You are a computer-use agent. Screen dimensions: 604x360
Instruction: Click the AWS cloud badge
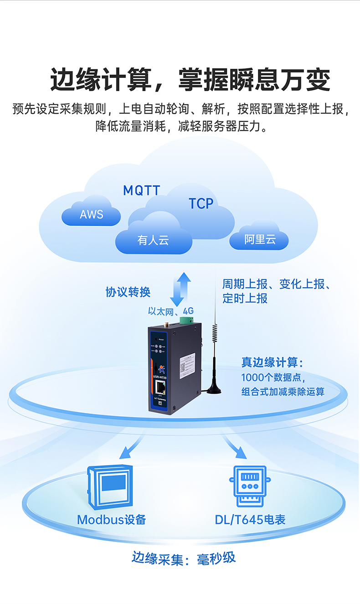coord(92,214)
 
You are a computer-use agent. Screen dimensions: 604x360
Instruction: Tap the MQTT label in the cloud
coord(142,191)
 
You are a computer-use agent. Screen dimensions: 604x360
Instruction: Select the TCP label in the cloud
coord(201,204)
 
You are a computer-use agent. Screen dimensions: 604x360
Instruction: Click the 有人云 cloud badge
coord(153,240)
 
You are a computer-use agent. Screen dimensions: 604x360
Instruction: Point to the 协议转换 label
coord(128,292)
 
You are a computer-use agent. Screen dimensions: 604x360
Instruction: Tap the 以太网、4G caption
coord(171,311)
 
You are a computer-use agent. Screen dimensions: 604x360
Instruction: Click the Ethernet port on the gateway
coord(161,387)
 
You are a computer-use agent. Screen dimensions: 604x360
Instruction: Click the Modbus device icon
coord(110,486)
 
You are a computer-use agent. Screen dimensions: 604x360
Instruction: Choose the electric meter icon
coord(249,486)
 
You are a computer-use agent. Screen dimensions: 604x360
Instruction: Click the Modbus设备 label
coord(112,519)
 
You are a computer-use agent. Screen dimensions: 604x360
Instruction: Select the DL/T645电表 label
coord(250,519)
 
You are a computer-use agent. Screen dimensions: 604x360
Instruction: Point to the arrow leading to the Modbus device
coord(129,448)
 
